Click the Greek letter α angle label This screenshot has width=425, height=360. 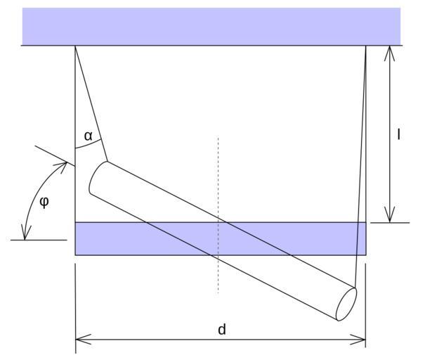coord(89,136)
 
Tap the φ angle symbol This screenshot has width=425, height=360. coord(44,202)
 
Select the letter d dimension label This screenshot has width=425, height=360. coord(222,329)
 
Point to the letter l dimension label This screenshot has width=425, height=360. coord(398,134)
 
